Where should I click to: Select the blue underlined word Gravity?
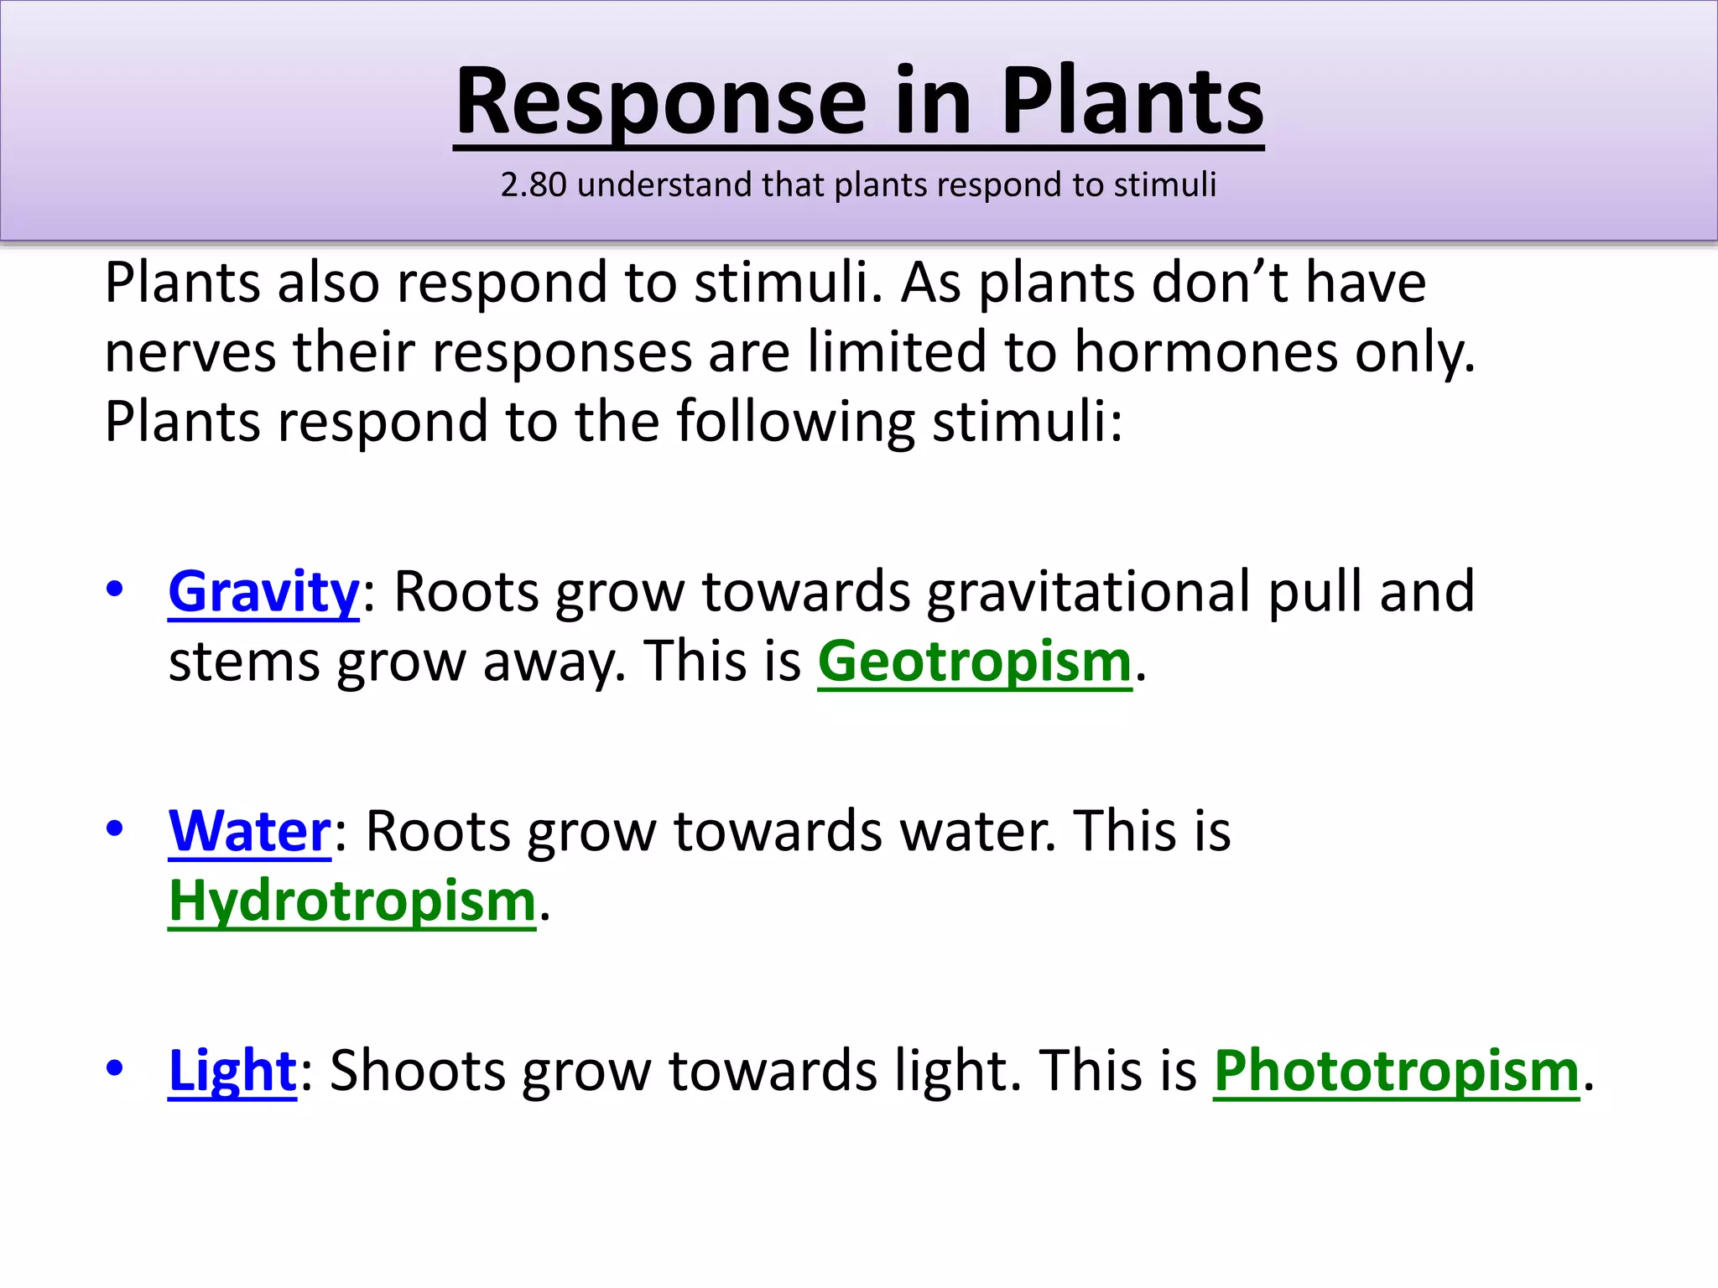(x=263, y=592)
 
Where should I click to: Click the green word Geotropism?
(x=975, y=662)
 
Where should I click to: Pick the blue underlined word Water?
(x=250, y=831)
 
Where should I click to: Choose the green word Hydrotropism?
(x=352, y=901)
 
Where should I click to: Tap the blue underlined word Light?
(x=232, y=1071)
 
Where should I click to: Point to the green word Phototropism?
(x=1397, y=1071)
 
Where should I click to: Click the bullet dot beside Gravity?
(x=115, y=589)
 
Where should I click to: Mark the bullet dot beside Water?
(x=115, y=828)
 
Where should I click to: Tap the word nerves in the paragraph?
(x=190, y=352)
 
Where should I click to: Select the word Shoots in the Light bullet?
(x=418, y=1071)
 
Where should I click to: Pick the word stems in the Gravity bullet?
(x=244, y=662)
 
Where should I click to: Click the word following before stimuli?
(x=795, y=422)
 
